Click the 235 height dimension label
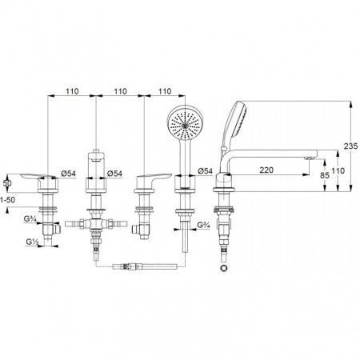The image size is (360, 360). tap(350, 146)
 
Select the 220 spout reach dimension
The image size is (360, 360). tap(266, 170)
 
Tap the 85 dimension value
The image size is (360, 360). tap(324, 175)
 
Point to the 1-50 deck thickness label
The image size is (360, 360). tap(7, 200)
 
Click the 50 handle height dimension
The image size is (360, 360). tap(7, 183)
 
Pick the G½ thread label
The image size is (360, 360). tap(32, 242)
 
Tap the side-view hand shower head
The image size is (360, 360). tap(236, 119)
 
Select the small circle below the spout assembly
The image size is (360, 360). tap(223, 268)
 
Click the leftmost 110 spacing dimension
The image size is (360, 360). tap(72, 91)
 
